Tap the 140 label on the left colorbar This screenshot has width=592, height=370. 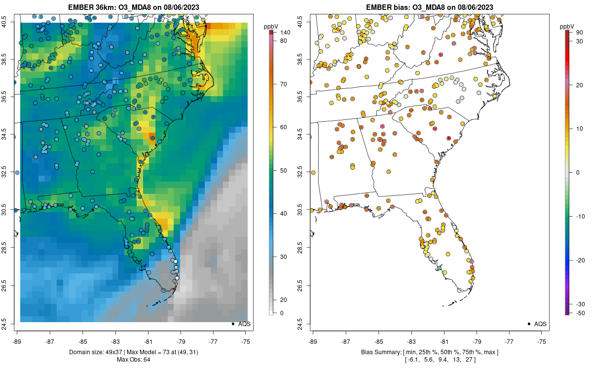click(x=285, y=33)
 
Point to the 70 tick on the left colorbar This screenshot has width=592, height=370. click(x=284, y=84)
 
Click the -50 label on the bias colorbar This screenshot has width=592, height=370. click(x=580, y=313)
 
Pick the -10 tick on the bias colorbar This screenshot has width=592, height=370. click(x=580, y=216)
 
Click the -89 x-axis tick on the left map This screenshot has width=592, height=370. click(x=17, y=341)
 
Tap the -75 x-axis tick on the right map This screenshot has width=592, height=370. click(x=542, y=341)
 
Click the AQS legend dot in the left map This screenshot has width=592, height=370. click(x=232, y=324)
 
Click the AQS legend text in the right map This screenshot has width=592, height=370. click(x=540, y=324)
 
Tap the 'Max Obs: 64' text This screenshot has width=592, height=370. click(x=134, y=360)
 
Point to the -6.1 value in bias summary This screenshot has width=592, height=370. click(x=412, y=360)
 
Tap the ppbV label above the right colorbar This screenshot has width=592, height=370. click(x=567, y=26)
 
